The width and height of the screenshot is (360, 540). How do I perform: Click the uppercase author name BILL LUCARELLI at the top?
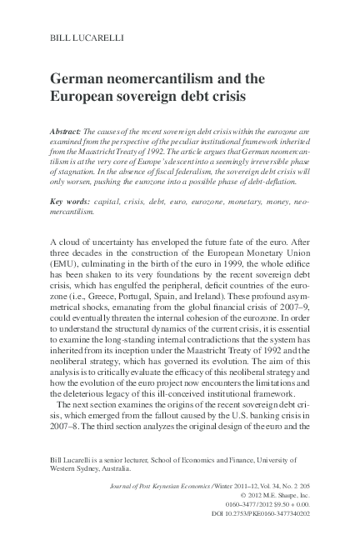coord(80,38)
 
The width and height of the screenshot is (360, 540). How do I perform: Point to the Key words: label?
coord(70,202)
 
